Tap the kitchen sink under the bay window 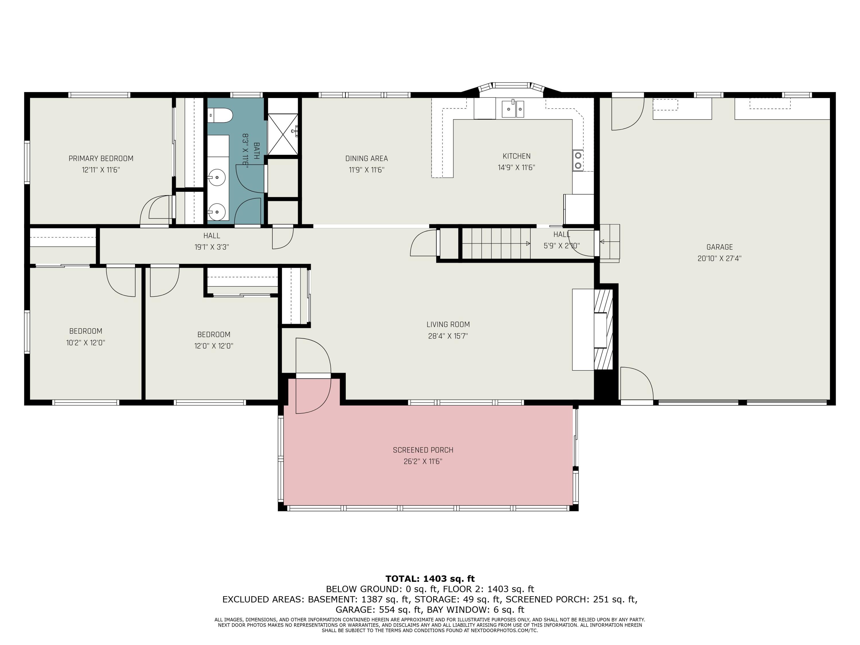coord(513,109)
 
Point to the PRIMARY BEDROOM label coord(101,159)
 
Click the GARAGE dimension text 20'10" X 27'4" coord(719,259)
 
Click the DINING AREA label coord(367,159)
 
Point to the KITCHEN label coord(516,156)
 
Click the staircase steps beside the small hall coord(496,243)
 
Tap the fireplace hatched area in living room coord(603,330)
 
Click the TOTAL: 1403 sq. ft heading coord(430,579)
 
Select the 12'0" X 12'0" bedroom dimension coord(214,346)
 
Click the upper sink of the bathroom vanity coord(216,178)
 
